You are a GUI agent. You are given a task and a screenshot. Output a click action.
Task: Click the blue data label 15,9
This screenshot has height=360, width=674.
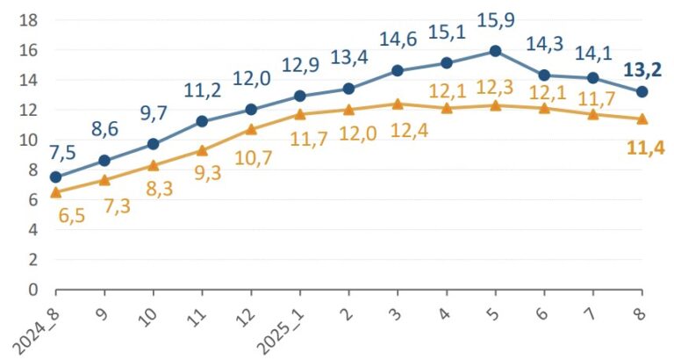(496, 20)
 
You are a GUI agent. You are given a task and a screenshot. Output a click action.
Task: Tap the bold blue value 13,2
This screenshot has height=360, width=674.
(642, 69)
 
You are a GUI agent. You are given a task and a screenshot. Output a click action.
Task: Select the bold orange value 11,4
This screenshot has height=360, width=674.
(646, 148)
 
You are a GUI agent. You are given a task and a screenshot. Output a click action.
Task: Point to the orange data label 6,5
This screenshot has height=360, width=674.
(72, 215)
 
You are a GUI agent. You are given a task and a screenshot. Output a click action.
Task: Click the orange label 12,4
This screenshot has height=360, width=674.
(409, 130)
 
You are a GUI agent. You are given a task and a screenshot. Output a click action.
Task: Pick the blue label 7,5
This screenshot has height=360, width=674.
(62, 153)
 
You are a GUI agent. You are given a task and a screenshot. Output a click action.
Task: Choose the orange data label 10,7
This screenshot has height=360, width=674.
(253, 158)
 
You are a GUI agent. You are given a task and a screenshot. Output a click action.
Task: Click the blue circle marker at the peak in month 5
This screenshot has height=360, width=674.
(495, 51)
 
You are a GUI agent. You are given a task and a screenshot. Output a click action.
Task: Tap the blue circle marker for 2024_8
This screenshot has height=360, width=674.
(56, 177)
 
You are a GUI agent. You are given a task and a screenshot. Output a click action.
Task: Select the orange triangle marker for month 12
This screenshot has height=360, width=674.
(251, 129)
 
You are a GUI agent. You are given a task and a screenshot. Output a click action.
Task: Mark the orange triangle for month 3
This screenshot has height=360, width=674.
(398, 104)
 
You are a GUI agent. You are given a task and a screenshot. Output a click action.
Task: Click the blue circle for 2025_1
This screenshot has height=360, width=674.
(300, 96)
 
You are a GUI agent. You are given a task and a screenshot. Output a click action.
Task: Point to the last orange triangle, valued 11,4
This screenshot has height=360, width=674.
(642, 119)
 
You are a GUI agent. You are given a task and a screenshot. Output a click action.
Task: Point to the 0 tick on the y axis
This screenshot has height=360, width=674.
(33, 290)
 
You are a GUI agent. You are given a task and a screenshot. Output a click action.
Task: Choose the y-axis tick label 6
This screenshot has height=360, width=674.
(33, 200)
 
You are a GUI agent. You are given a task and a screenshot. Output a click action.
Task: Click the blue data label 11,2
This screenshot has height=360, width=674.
(203, 90)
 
